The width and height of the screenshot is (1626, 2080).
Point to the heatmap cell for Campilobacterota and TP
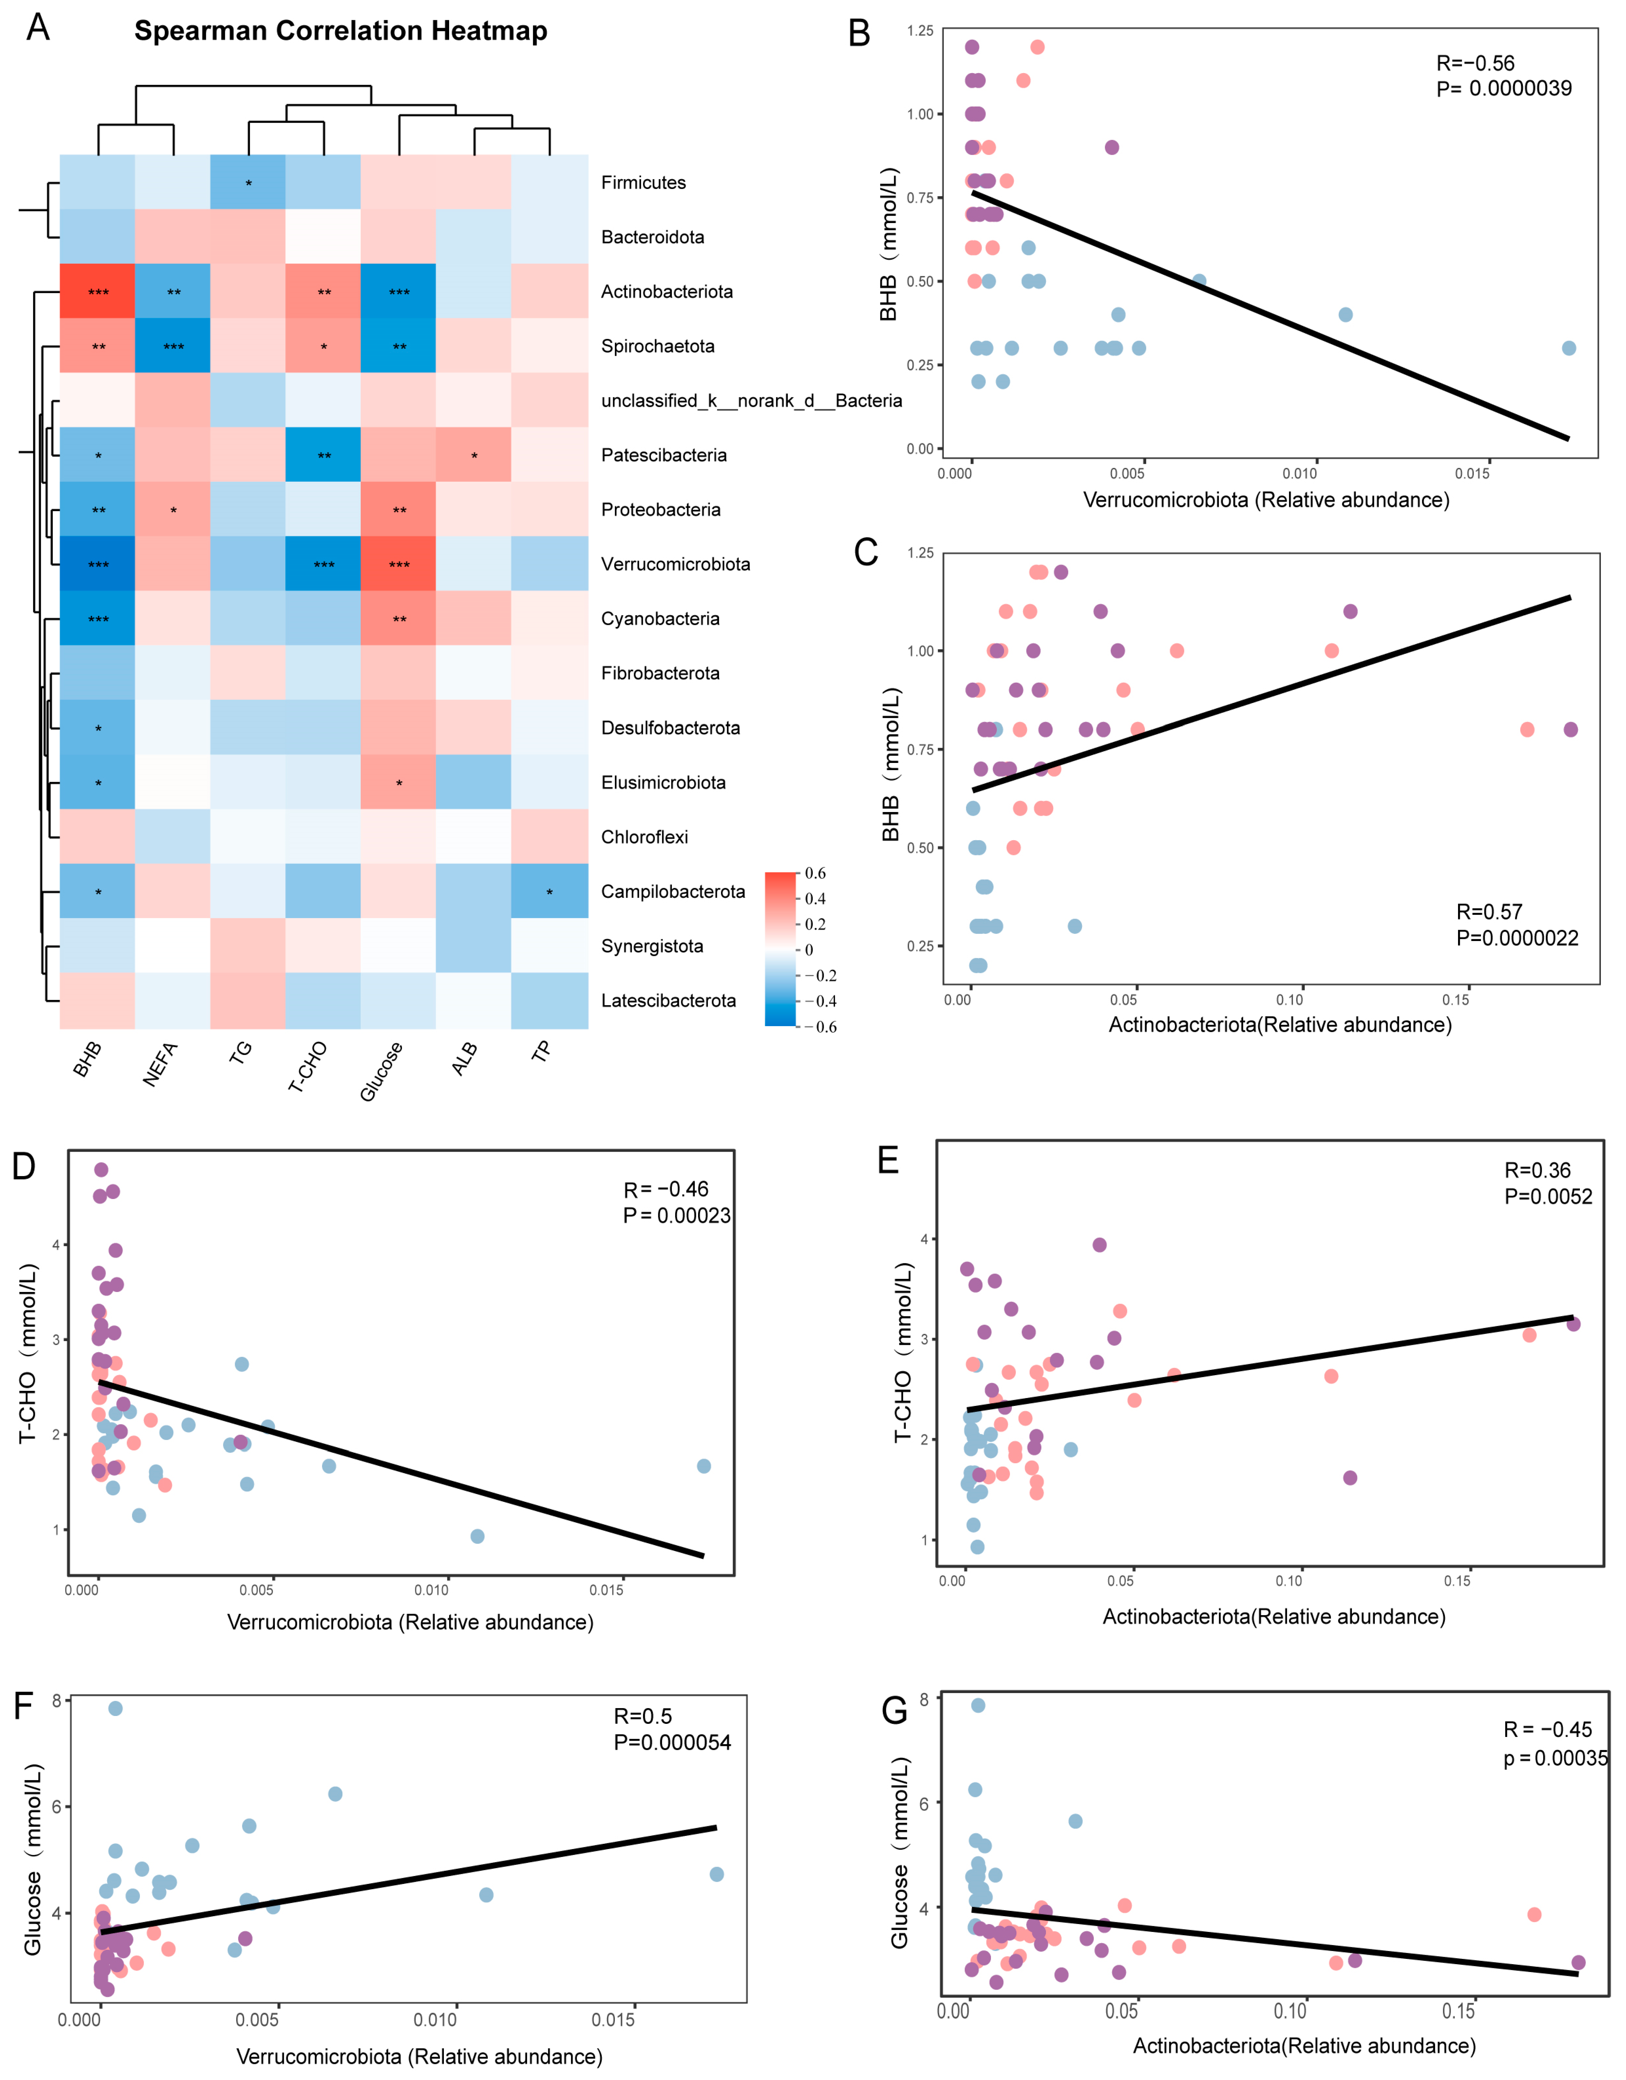coord(548,892)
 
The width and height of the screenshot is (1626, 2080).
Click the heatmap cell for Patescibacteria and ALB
coord(474,455)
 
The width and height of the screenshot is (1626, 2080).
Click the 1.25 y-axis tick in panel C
coord(920,553)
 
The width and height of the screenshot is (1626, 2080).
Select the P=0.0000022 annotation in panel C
coord(1517,938)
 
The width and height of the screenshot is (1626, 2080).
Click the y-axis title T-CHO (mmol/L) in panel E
coord(902,1352)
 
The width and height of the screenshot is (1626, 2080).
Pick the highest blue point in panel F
coord(115,1708)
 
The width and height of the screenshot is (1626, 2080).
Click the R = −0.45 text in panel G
coord(1547,1729)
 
